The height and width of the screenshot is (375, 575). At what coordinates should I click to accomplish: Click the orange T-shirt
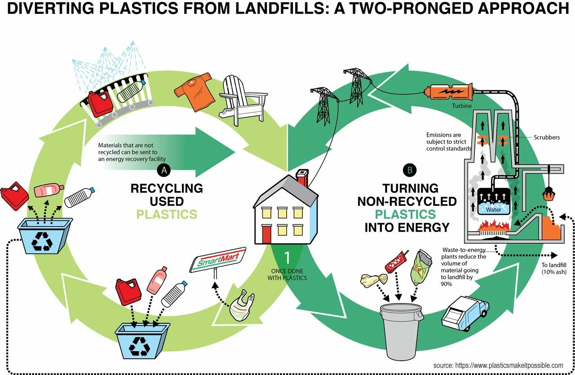194,93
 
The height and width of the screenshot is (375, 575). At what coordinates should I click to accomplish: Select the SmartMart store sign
218,259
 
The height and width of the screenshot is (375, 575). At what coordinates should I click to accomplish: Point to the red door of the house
266,234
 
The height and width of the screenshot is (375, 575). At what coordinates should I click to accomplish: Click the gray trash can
401,330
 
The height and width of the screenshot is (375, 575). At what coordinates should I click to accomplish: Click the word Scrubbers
547,137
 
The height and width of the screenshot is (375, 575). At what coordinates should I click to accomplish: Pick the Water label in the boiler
493,210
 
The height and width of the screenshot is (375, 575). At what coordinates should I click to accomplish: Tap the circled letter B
410,170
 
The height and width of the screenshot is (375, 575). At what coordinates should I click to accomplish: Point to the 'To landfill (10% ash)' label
554,268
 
